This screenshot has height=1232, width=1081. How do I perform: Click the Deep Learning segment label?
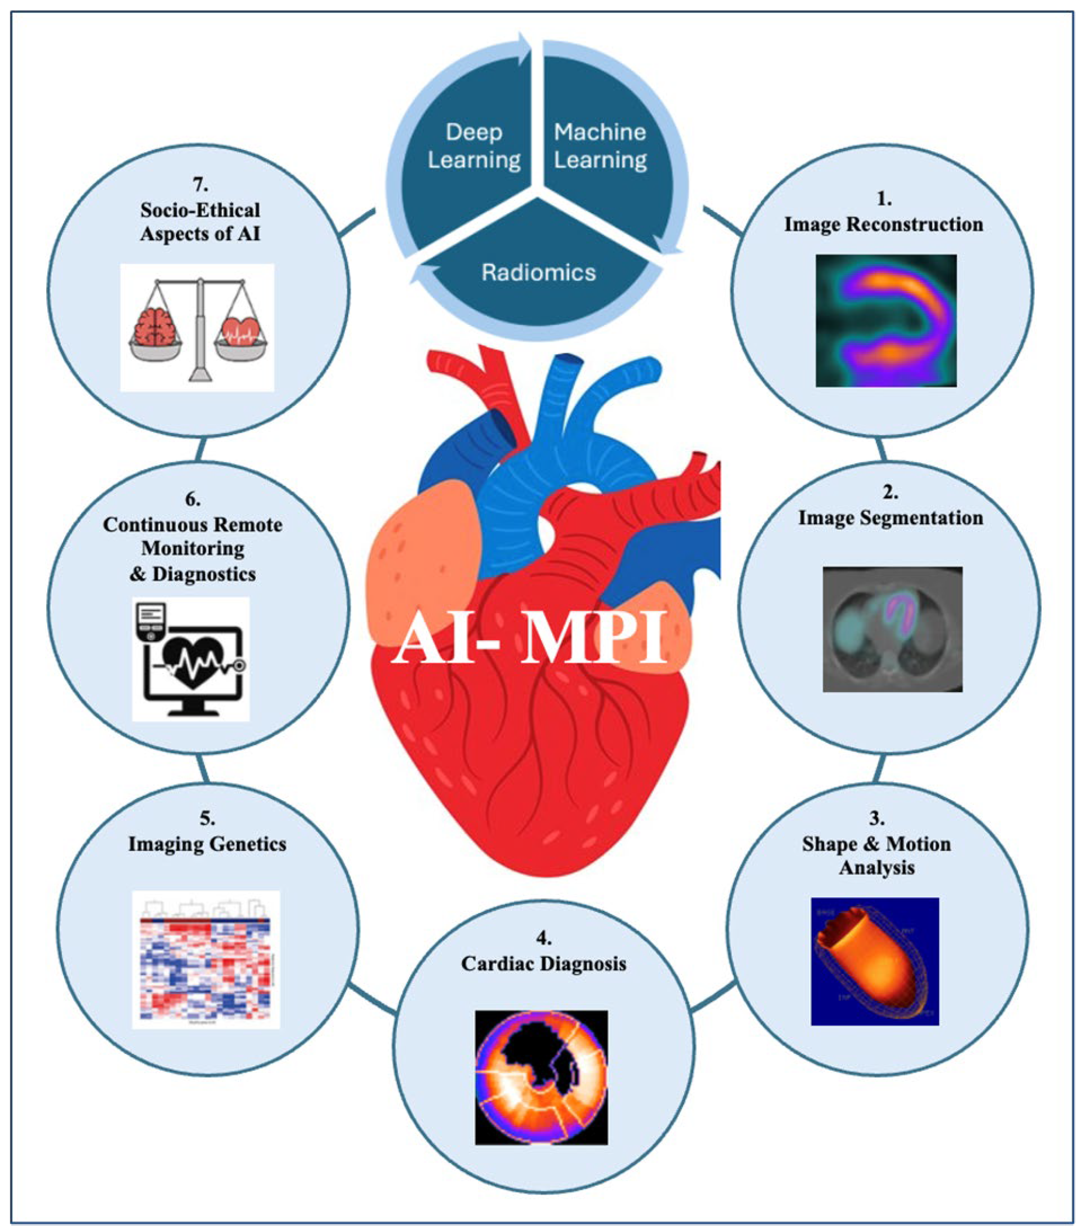pos(473,147)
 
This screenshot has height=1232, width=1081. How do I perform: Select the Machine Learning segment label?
pos(600,147)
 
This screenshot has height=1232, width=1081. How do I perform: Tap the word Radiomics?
pos(538,272)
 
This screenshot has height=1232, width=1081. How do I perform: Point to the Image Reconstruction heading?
pos(883,224)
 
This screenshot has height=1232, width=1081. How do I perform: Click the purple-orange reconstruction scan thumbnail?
pos(886,321)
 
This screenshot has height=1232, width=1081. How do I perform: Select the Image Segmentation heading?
pos(890,518)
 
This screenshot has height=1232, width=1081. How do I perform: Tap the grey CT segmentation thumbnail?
pos(892,629)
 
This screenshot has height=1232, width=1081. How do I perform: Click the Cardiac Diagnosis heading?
pos(543,964)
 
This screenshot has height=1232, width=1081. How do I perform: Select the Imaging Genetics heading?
pos(207,844)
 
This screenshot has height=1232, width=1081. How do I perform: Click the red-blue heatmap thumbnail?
pos(206,960)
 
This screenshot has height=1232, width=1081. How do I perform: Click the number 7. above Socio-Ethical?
pos(200,183)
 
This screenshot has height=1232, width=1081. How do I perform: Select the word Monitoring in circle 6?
pos(192,549)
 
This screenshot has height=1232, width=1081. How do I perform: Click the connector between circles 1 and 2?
pos(881,449)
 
